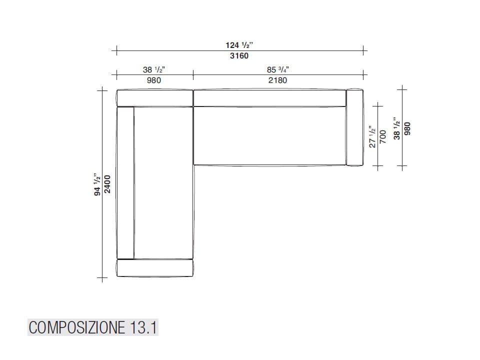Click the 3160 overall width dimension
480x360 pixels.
(x=239, y=56)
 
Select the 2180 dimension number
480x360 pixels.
(x=277, y=80)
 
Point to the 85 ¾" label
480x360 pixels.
(x=278, y=69)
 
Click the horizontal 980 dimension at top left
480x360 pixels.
(x=154, y=80)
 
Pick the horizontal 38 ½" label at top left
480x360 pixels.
(x=154, y=69)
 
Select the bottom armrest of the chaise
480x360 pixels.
(x=154, y=268)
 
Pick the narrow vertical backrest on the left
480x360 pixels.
(x=125, y=183)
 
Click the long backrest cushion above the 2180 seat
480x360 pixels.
(x=269, y=98)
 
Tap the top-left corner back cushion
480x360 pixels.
(x=154, y=98)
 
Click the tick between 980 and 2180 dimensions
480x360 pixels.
(x=193, y=75)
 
